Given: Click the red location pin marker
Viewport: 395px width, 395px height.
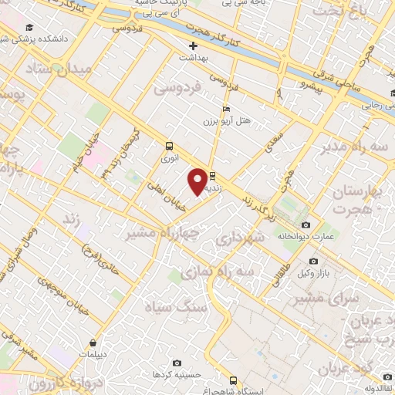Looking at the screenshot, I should point(198,181).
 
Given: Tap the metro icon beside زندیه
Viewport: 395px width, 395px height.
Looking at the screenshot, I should point(213,176).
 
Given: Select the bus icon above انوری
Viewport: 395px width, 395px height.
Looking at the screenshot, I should point(169,146).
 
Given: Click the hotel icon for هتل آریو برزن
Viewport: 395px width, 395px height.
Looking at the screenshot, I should point(225,109).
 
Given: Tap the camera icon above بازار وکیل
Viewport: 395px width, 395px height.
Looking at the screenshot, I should point(312,262).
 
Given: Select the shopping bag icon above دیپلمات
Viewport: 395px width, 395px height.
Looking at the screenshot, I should point(93,343).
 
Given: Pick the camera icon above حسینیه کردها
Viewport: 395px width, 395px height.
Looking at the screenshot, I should point(177,363).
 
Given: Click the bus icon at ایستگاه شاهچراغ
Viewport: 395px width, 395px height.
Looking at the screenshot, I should point(234,380).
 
